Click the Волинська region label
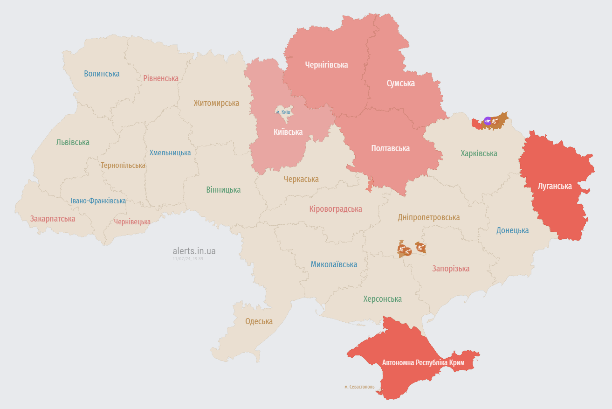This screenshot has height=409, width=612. point(102,74)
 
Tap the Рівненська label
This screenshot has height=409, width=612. point(161,78)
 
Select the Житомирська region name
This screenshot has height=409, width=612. point(216,103)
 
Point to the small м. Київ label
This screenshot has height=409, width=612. point(283,112)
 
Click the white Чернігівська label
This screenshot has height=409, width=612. point(326,65)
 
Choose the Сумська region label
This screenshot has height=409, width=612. point(400,83)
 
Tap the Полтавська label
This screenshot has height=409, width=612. point(390,148)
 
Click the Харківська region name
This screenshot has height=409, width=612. point(479,153)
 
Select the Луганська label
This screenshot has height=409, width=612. point(555,186)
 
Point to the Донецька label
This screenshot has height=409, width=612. point(512,230)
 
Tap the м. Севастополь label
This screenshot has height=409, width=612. point(359,387)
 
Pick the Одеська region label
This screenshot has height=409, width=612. point(259,321)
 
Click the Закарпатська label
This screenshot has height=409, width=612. point(52,219)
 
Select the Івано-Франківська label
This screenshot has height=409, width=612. point(98,201)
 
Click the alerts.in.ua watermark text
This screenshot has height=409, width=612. point(194,251)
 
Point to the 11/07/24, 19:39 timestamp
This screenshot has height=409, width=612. point(187,258)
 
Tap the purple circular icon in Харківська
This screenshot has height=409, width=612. point(488,121)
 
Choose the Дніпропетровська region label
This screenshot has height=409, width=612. point(429,217)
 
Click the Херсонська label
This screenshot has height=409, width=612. point(382,299)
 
